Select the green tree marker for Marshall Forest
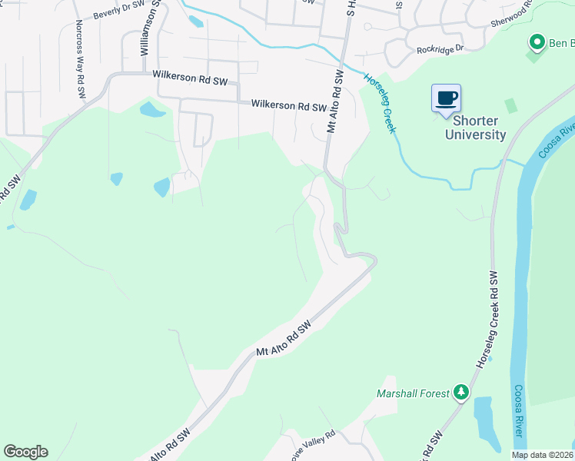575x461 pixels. [x=461, y=393]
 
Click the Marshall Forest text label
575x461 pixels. [x=412, y=393]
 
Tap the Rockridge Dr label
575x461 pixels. [x=440, y=48]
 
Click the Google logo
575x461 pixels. [x=25, y=452]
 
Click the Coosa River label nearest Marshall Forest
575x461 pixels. [x=519, y=411]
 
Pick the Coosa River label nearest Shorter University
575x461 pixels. [x=557, y=138]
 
